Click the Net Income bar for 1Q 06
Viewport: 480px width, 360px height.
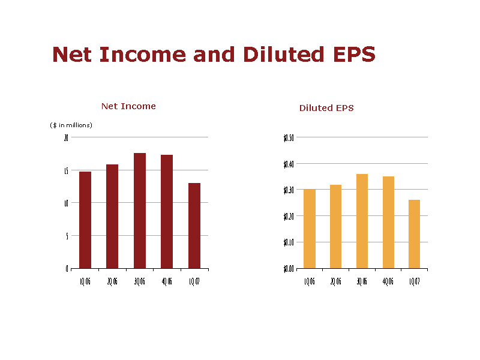point(85,220)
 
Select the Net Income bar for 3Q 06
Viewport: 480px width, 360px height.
point(140,211)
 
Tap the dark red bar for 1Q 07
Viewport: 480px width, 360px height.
point(194,226)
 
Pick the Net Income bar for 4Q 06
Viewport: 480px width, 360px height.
point(167,211)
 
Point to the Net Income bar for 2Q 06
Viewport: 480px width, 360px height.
point(112,216)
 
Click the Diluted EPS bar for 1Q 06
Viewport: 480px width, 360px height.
point(310,229)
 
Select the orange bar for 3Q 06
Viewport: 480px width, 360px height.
point(362,221)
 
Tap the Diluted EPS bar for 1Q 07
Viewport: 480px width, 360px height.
point(414,234)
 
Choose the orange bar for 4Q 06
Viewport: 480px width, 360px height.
point(388,222)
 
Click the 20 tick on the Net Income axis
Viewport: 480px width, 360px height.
point(67,137)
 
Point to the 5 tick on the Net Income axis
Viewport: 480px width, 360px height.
point(67,236)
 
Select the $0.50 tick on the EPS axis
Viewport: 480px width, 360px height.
point(289,137)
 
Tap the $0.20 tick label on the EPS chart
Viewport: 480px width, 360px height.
point(289,216)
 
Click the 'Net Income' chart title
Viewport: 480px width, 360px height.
point(128,106)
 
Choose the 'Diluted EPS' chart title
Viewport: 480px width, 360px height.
point(326,108)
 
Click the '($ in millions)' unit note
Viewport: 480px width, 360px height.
point(71,125)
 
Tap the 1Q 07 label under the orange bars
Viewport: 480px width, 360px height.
point(415,281)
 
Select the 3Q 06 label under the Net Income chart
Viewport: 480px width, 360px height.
point(140,281)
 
